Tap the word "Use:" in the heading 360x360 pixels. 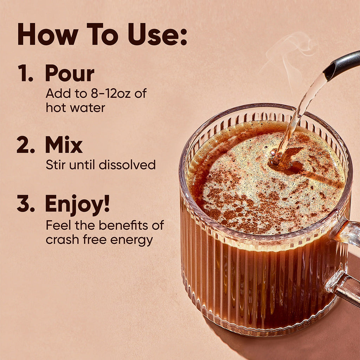pos(157,34)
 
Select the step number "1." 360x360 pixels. pos(25,73)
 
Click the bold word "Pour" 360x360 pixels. pos(70,73)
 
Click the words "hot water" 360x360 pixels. pos(75,107)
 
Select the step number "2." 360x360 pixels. pos(26,144)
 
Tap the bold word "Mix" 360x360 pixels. pos(64,144)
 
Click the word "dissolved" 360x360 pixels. pos(127,165)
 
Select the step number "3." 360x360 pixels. pos(26,204)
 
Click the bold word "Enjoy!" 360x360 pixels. pos(77,204)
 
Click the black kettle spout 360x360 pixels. pos(340,66)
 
